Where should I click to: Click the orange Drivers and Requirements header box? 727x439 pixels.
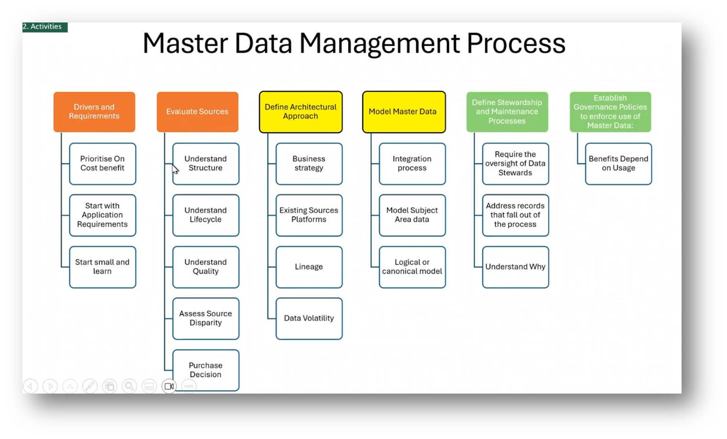(x=94, y=112)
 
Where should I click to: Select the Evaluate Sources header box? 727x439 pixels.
(x=197, y=112)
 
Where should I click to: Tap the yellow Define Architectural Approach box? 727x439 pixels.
(x=301, y=112)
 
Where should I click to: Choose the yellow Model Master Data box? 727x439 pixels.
(x=404, y=112)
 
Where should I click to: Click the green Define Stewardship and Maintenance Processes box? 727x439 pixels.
(x=507, y=112)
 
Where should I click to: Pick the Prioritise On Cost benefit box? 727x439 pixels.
(x=102, y=164)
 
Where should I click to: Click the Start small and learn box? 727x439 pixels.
(x=102, y=267)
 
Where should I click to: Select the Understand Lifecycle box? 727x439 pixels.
(x=206, y=215)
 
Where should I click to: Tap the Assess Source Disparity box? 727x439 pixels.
(x=206, y=318)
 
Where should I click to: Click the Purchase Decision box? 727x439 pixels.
(x=206, y=370)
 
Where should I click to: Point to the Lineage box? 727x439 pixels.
(x=309, y=267)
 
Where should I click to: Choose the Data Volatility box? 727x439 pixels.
(x=309, y=318)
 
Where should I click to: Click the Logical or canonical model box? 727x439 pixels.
(x=412, y=267)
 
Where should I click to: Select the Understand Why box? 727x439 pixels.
(x=515, y=267)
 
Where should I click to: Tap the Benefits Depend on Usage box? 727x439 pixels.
(x=618, y=164)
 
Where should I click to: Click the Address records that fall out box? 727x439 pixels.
(x=515, y=215)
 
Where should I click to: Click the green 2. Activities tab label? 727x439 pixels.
(x=43, y=27)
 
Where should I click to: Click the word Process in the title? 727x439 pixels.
(x=516, y=44)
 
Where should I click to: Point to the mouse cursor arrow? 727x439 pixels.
(x=175, y=169)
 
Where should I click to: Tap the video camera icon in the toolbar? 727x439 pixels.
(x=169, y=386)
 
